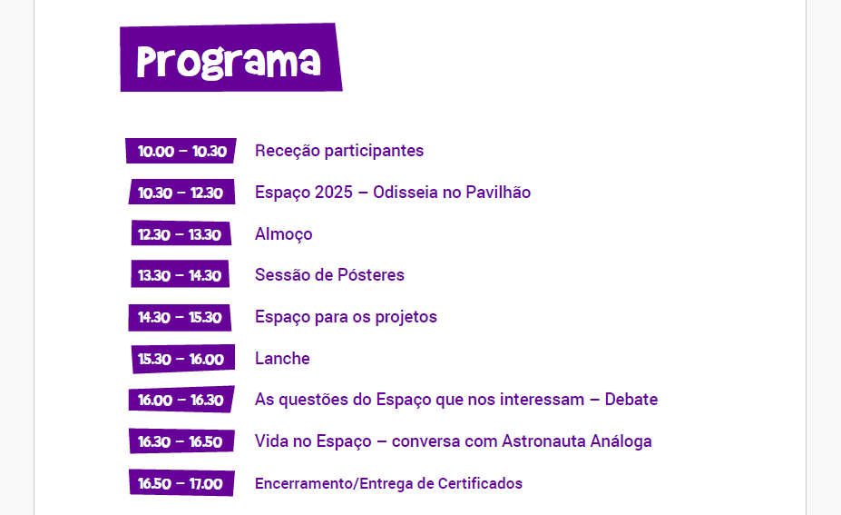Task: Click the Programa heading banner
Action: (x=231, y=57)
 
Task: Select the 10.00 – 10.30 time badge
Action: (x=181, y=151)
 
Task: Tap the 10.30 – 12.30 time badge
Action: (x=181, y=193)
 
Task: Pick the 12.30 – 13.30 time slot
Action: (x=181, y=233)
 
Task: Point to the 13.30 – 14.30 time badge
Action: (x=180, y=274)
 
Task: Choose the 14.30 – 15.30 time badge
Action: (x=180, y=317)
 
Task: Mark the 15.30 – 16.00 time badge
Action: (x=183, y=359)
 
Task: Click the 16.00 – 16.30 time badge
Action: (x=181, y=400)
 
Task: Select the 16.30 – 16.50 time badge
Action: (x=181, y=441)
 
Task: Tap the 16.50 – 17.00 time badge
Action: (x=181, y=483)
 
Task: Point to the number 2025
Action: (x=334, y=193)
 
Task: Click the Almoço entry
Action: (x=284, y=234)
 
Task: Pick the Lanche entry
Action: (x=282, y=358)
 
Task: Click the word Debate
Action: (x=631, y=400)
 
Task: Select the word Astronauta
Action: (x=543, y=441)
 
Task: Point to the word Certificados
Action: (x=480, y=483)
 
